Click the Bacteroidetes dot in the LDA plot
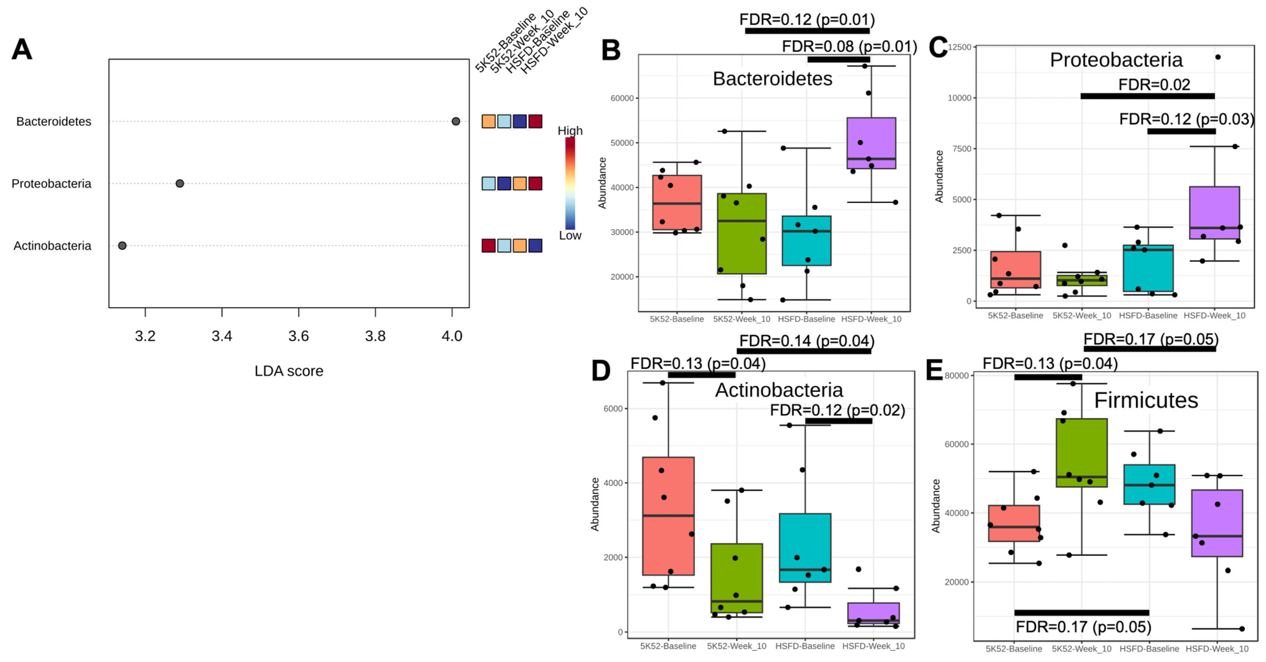click(x=455, y=121)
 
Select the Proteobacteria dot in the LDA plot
click(x=180, y=183)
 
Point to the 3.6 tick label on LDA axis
click(x=298, y=336)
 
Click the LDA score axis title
click(x=289, y=371)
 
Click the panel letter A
click(x=22, y=50)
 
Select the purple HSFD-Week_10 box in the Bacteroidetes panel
click(x=871, y=143)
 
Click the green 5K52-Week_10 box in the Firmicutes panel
click(x=1081, y=453)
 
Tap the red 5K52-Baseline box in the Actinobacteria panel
click(x=668, y=516)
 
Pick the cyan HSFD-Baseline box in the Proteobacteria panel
click(x=1148, y=268)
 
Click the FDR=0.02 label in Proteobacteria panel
click(x=1154, y=85)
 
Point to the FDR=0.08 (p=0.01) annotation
click(x=849, y=47)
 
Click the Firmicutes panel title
click(x=1146, y=400)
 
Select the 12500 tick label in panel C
click(x=959, y=47)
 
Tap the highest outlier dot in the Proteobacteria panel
click(x=1218, y=57)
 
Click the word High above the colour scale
click(x=570, y=131)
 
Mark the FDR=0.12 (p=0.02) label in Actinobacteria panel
click(x=837, y=410)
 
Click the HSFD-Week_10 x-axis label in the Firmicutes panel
click(x=1217, y=649)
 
